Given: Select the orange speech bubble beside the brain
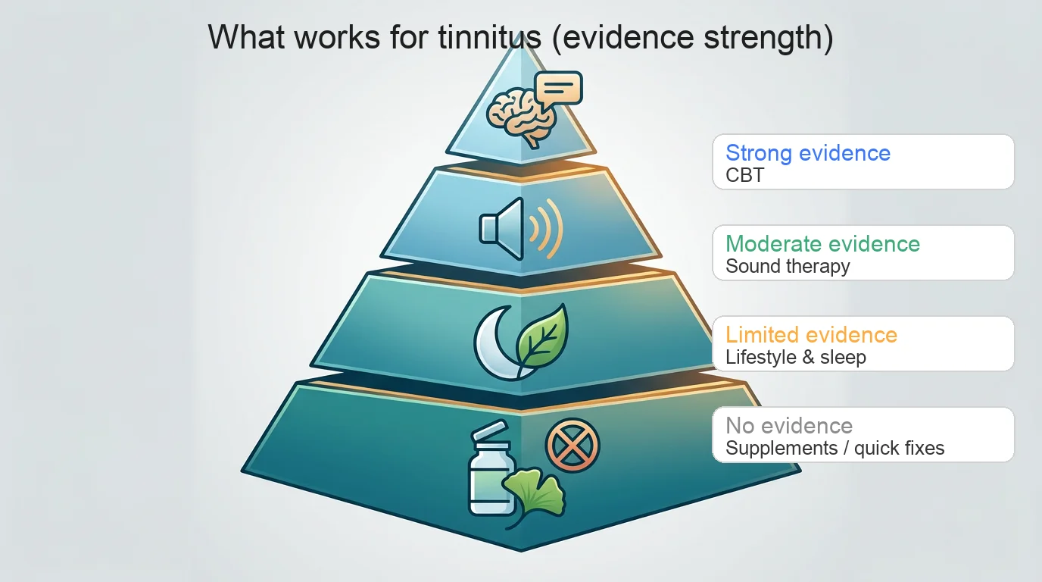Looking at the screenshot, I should (x=558, y=89).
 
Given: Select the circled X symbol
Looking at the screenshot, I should (x=572, y=445).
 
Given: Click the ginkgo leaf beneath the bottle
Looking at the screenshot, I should (x=534, y=493).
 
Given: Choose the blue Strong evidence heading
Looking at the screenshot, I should (x=807, y=152).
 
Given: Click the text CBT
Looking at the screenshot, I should (x=744, y=176).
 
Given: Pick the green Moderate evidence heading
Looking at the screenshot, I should (x=822, y=243).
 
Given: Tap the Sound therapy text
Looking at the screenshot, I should (x=788, y=267).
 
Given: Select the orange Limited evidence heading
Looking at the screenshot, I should (x=811, y=334).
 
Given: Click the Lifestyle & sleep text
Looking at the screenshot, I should (x=795, y=358).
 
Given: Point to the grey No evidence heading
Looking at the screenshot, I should (x=788, y=425).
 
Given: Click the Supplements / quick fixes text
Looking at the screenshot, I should (x=835, y=449).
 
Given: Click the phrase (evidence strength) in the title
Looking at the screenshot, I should (x=691, y=37).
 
